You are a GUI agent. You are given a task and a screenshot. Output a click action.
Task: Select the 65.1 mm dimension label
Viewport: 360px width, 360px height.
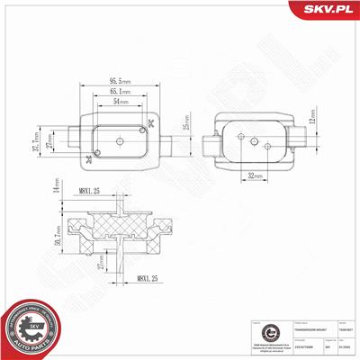[x=119, y=90]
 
